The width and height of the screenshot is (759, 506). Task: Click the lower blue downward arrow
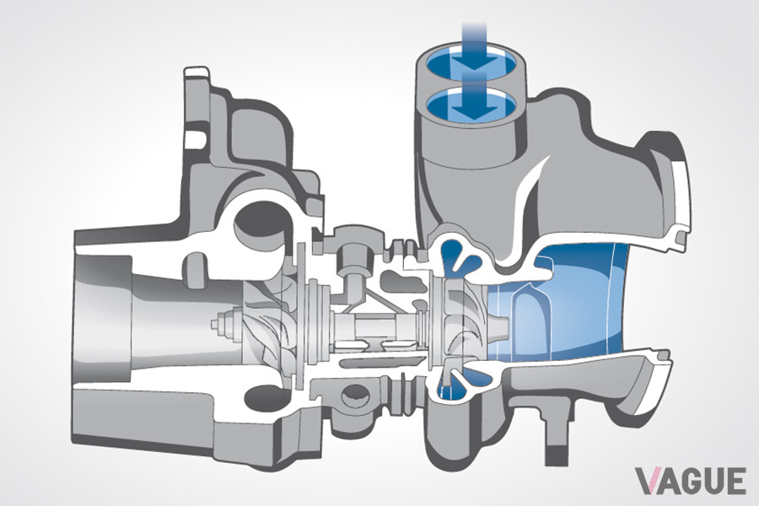[471, 100]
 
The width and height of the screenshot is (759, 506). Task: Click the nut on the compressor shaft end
[224, 322]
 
